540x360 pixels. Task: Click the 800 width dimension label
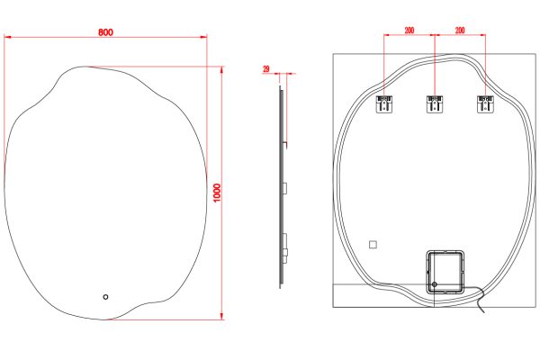click(105, 32)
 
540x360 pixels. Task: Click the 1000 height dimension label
click(217, 193)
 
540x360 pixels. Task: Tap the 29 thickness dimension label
click(266, 69)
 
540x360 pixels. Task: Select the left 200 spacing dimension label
click(409, 31)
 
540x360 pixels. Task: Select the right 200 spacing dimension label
click(460, 31)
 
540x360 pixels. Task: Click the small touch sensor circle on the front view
click(105, 297)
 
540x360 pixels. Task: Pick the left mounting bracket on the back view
click(384, 103)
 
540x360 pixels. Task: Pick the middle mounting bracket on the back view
click(435, 103)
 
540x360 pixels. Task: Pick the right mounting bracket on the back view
click(485, 103)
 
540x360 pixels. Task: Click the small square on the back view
click(373, 245)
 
